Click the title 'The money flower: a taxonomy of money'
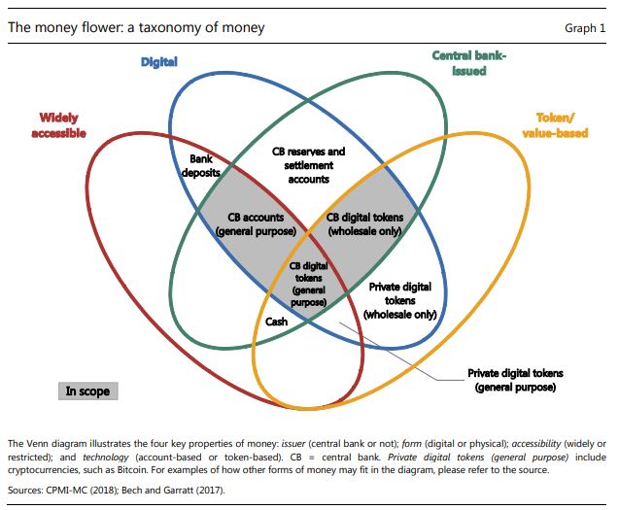point(136,28)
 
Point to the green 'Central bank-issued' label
point(469,63)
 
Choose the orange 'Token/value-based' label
point(556,125)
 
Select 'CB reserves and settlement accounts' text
point(307,165)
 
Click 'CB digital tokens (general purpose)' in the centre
point(308,283)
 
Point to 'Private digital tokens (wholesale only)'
point(399,301)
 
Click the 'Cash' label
point(276,322)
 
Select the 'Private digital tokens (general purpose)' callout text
point(515,380)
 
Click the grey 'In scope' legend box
point(87,391)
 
